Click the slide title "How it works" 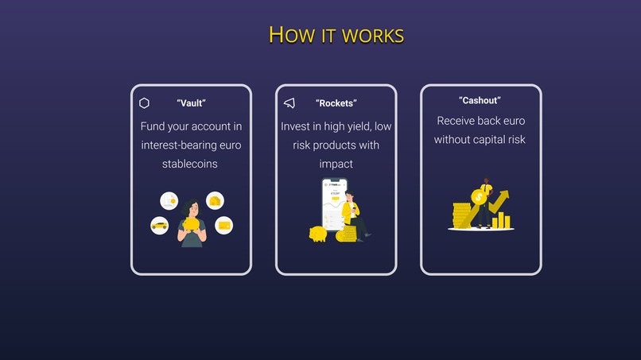tap(336, 35)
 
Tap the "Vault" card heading tap(191, 103)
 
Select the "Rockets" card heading tap(336, 103)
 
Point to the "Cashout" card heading tap(480, 100)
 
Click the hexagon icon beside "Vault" tap(144, 103)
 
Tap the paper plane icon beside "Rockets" tap(289, 103)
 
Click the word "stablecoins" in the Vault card tap(190, 164)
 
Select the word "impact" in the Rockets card tap(336, 164)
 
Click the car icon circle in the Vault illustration tap(159, 226)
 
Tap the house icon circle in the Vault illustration tap(215, 200)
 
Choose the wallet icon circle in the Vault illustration tap(224, 226)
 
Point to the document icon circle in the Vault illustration tap(169, 200)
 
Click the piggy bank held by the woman tap(192, 225)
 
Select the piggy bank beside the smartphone tap(318, 234)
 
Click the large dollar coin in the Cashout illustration tap(479, 197)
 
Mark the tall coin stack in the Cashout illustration tap(460, 215)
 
